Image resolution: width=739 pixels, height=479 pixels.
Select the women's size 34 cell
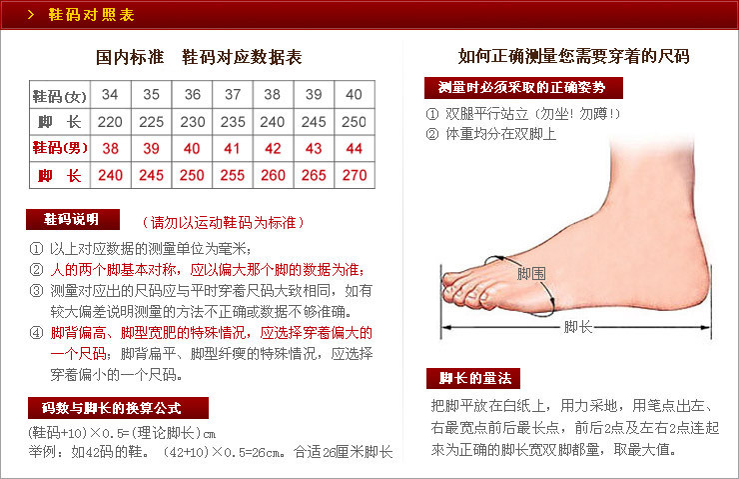[x=110, y=95]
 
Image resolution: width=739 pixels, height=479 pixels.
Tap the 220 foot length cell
[x=110, y=121]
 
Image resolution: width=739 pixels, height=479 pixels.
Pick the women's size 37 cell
[x=233, y=95]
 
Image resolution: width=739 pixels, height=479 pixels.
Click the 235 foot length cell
[x=233, y=121]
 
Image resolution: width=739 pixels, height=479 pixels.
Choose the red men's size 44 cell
[x=354, y=148]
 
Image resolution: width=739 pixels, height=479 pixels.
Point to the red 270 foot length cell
[x=354, y=175]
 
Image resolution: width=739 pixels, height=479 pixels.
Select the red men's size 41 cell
[x=233, y=148]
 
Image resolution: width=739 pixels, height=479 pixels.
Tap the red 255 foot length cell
[x=233, y=175]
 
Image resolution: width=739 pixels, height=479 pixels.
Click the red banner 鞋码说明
[x=73, y=220]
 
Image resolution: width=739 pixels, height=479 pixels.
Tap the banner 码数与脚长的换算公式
[x=118, y=408]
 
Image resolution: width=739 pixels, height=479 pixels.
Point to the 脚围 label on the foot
[x=531, y=273]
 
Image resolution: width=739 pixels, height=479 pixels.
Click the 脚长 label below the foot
[x=578, y=326]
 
